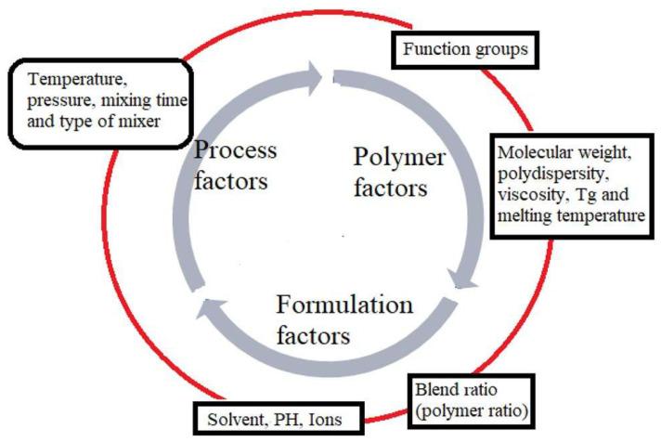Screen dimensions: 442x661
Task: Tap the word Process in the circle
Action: [x=237, y=150]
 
